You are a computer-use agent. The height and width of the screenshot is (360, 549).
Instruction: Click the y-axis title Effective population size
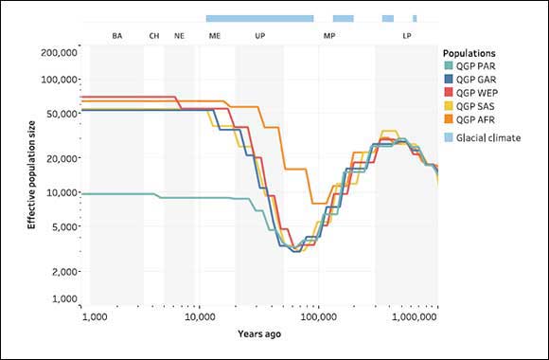click(x=30, y=177)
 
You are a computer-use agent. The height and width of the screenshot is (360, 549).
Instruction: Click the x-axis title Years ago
click(x=258, y=333)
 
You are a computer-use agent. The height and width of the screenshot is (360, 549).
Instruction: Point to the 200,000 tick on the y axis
click(x=60, y=53)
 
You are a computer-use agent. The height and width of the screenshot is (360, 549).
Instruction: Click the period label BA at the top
click(x=117, y=35)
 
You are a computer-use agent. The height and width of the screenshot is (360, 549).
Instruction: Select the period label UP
click(x=260, y=35)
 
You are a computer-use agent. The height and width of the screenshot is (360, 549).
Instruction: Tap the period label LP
click(x=406, y=35)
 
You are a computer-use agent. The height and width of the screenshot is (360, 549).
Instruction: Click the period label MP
click(x=328, y=35)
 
